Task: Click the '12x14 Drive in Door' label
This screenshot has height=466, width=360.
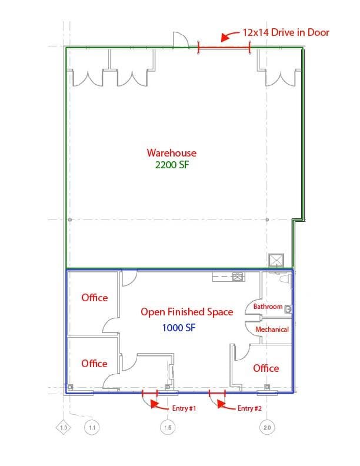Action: [x=286, y=32]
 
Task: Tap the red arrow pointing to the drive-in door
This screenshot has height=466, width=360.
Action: [x=229, y=35]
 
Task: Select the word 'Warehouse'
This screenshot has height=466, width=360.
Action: [x=172, y=153]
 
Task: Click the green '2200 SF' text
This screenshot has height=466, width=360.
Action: [x=172, y=165]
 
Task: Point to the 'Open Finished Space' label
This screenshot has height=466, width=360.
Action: [x=187, y=312]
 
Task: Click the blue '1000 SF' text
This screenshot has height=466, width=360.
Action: [x=179, y=328]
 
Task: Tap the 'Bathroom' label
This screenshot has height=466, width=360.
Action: [x=268, y=307]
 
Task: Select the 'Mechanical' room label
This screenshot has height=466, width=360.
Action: [x=272, y=329]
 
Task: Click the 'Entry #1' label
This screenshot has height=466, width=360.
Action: [x=184, y=408]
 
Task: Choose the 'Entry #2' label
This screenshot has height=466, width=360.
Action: [x=249, y=408]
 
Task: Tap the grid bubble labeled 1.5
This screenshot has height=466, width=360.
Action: [x=168, y=427]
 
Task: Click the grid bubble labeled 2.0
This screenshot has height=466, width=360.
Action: [x=267, y=427]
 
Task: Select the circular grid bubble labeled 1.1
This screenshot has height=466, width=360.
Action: [x=92, y=427]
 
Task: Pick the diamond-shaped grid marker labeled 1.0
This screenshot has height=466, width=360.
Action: [x=64, y=427]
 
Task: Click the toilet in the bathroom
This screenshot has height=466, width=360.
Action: [x=285, y=279]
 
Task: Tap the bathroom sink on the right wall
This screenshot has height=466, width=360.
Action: [x=288, y=309]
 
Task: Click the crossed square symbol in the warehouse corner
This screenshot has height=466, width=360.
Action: [x=276, y=261]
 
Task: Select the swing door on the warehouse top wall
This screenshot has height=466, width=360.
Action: [x=181, y=39]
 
